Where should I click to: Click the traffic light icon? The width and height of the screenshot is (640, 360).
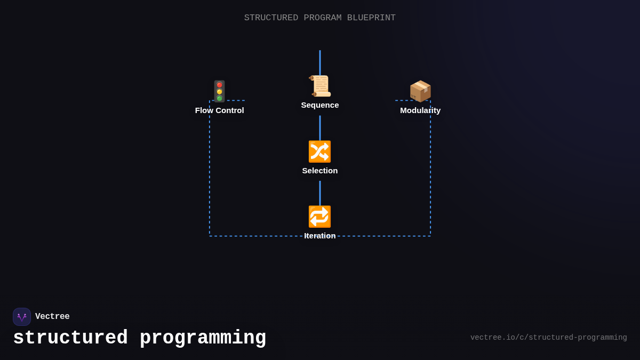tap(219, 91)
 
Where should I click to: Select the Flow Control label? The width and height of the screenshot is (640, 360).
tap(219, 110)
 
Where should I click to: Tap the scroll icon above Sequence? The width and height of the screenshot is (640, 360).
tap(320, 86)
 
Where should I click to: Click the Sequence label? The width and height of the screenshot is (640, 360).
tap(320, 105)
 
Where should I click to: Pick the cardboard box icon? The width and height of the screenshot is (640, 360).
tap(420, 91)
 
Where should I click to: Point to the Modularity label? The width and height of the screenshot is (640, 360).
tap(420, 110)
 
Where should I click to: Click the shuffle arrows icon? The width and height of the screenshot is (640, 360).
tap(320, 151)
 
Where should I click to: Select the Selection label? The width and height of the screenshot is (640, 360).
tap(320, 171)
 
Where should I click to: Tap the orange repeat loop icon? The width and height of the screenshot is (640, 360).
tap(320, 217)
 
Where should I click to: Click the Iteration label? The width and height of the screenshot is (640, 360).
tap(320, 236)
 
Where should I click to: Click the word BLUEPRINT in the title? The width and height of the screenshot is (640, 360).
tap(371, 18)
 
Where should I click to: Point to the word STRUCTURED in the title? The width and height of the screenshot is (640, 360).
tap(271, 18)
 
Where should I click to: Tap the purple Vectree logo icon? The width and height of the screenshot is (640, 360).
tap(22, 317)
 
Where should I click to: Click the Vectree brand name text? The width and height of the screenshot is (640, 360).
tap(52, 317)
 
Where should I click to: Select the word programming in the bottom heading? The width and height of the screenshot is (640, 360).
tap(203, 338)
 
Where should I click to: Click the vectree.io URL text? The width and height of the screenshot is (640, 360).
tap(548, 338)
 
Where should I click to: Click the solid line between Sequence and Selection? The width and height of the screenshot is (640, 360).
tap(320, 128)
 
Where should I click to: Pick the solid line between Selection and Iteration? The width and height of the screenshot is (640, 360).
tap(320, 193)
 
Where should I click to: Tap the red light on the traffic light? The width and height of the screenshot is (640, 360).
tap(219, 85)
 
